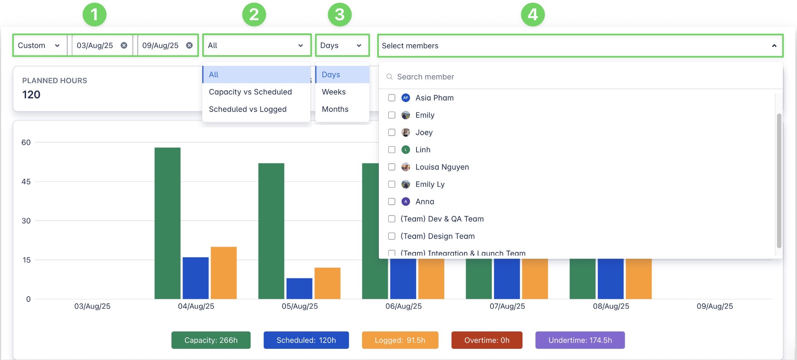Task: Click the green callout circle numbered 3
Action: pos(339,15)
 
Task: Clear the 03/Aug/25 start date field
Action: pos(124,45)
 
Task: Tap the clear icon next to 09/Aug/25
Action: pos(189,45)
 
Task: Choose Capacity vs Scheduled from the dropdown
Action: pos(250,92)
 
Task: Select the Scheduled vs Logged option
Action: pos(248,109)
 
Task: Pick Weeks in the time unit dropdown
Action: pos(334,92)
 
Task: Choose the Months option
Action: pos(335,109)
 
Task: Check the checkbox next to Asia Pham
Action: pos(392,98)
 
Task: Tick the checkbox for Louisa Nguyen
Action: pos(392,167)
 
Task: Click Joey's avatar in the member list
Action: pos(406,133)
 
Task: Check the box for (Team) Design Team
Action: pos(392,236)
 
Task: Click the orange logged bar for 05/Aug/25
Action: pos(327,283)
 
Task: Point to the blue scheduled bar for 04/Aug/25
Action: pos(195,278)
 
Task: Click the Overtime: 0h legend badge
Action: pos(487,340)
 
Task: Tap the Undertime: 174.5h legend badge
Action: pos(580,340)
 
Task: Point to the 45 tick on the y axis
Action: pos(26,182)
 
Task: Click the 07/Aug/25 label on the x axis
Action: pos(507,306)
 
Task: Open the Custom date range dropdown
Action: pos(39,45)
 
